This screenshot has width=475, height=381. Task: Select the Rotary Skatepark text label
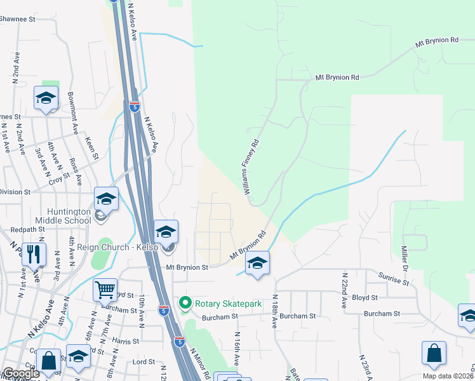(228, 304)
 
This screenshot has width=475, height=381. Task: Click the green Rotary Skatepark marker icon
(185, 303)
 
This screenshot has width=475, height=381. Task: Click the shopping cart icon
(105, 290)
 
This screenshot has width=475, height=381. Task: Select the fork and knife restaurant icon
(34, 254)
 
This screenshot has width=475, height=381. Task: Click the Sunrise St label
(391, 278)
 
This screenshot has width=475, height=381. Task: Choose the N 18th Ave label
(275, 312)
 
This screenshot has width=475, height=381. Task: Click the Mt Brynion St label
(187, 268)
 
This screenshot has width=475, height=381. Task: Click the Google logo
(20, 373)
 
